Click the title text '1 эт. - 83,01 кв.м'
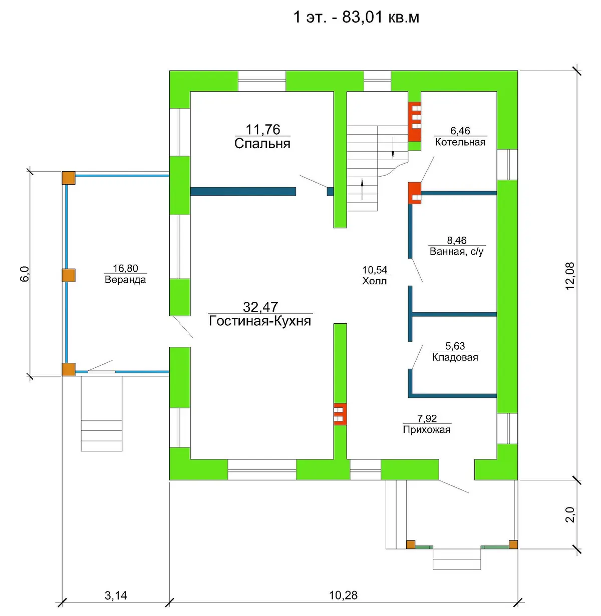(357, 17)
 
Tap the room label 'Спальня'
(262, 144)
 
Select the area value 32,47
(260, 307)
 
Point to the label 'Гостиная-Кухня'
(260, 321)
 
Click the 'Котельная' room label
(460, 142)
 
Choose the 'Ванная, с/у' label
(457, 252)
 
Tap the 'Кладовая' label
(455, 357)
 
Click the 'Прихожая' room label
(427, 429)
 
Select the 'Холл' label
(375, 281)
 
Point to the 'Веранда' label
(125, 280)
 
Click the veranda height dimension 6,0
(25, 274)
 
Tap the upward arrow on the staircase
(362, 189)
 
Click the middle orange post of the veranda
(69, 275)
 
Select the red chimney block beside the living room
(340, 414)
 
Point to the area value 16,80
(126, 268)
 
